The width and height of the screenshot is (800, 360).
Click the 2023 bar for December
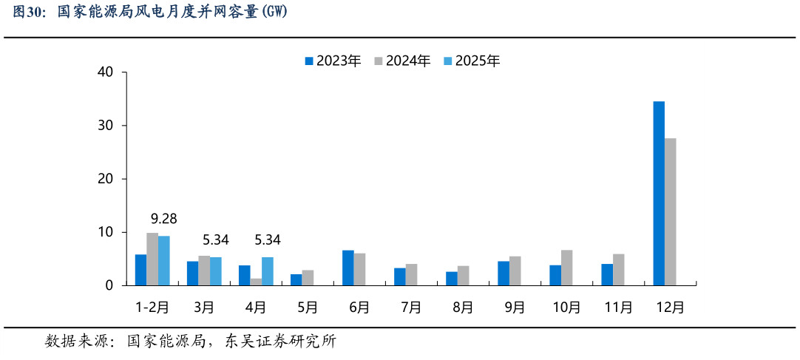659,193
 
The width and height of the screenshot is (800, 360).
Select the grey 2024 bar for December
670,211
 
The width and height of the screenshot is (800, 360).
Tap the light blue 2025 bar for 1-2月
164,260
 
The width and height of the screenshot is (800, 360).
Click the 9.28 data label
164,219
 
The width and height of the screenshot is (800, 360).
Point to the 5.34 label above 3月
216,240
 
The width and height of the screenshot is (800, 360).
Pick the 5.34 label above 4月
267,240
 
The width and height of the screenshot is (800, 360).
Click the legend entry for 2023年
332,61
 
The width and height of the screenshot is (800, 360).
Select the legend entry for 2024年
401,61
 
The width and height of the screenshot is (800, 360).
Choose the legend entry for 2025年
471,61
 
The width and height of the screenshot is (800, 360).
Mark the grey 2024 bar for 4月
256,281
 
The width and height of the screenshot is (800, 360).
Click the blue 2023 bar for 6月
348,268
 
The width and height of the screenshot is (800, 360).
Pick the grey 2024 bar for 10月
566,268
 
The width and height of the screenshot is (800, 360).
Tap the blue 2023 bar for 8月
452,278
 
